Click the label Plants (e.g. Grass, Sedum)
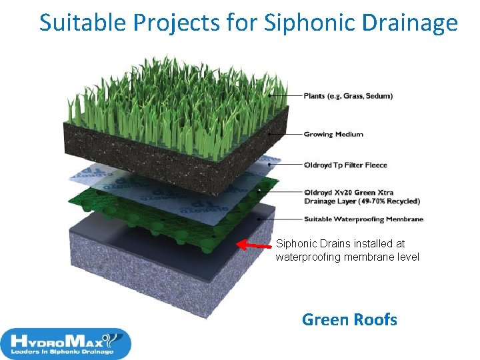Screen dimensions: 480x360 [x=348, y=96]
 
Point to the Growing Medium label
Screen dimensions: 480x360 [x=333, y=134]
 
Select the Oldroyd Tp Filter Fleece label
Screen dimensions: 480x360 [x=345, y=165]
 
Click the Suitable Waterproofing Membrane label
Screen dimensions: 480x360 [x=363, y=219]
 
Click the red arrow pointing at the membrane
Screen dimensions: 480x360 [x=254, y=247]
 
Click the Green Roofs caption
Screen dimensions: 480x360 [x=349, y=320]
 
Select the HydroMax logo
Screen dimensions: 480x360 [x=65, y=343]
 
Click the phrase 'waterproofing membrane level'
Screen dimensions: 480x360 [x=347, y=257]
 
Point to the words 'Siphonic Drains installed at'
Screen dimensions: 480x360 [x=340, y=244]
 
